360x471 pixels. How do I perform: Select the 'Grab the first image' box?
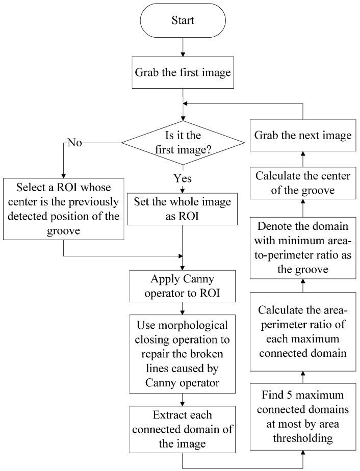tap(183, 72)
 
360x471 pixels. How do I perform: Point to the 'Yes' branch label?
tap(183, 179)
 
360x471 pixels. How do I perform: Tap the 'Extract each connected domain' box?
tap(183, 428)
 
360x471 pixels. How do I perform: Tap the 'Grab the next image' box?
tap(303, 136)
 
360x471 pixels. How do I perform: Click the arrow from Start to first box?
tap(183, 48)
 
